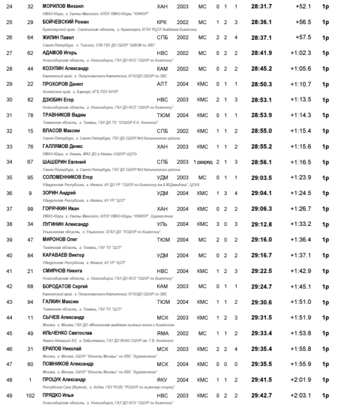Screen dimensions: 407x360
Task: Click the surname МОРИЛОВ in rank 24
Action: (x=54, y=6)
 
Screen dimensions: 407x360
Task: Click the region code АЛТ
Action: (x=162, y=84)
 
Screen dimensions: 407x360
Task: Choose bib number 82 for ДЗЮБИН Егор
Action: (x=31, y=99)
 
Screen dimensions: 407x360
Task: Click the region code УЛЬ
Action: (x=162, y=224)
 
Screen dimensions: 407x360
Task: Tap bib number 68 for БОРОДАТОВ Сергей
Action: (x=31, y=286)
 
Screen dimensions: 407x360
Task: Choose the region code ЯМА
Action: (x=163, y=333)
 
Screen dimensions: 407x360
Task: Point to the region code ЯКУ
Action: (x=162, y=380)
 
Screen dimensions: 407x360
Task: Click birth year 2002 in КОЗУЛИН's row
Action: (x=182, y=68)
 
